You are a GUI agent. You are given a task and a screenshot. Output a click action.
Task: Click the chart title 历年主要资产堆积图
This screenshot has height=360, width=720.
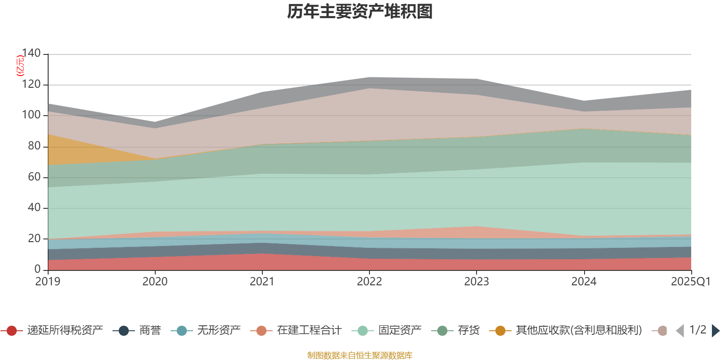pyautogui.click(x=360, y=12)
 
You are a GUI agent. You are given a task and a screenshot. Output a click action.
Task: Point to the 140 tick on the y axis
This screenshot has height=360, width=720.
pyautogui.click(x=31, y=53)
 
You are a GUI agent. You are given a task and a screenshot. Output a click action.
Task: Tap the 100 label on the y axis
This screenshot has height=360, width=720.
pyautogui.click(x=31, y=115)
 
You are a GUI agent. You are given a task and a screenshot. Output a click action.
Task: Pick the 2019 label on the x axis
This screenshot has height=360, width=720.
pyautogui.click(x=48, y=282)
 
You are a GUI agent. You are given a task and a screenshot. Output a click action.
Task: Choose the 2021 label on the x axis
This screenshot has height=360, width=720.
pyautogui.click(x=262, y=282)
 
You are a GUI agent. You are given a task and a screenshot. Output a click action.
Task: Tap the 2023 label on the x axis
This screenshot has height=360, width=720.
pyautogui.click(x=477, y=282)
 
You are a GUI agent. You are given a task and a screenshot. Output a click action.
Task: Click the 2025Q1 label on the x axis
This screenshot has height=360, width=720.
pyautogui.click(x=690, y=282)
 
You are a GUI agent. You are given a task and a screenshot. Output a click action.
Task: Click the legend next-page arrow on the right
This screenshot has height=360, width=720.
pyautogui.click(x=715, y=331)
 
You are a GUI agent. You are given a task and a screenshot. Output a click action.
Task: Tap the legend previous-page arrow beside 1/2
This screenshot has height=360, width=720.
pyautogui.click(x=680, y=331)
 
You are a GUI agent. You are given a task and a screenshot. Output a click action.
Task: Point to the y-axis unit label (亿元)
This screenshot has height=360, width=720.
pyautogui.click(x=20, y=66)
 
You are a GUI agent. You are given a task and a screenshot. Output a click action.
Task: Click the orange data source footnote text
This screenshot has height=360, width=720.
pyautogui.click(x=360, y=355)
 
